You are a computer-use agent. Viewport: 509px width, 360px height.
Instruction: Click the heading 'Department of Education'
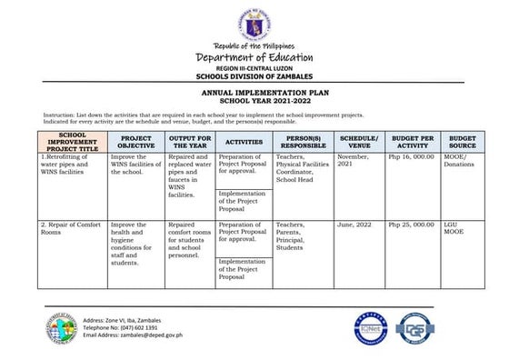pyautogui.click(x=254, y=58)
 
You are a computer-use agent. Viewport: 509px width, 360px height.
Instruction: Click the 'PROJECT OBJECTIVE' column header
pyautogui.click(x=135, y=141)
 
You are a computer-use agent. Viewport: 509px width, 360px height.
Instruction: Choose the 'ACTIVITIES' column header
pyautogui.click(x=244, y=142)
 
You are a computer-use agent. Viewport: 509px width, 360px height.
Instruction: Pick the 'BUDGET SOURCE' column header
pyautogui.click(x=462, y=141)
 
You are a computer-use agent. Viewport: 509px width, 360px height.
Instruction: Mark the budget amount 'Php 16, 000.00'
pyautogui.click(x=412, y=157)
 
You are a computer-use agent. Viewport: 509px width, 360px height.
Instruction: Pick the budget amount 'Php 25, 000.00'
pyautogui.click(x=412, y=224)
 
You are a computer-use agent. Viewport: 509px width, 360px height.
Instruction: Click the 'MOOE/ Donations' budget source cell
pyautogui.click(x=461, y=161)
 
